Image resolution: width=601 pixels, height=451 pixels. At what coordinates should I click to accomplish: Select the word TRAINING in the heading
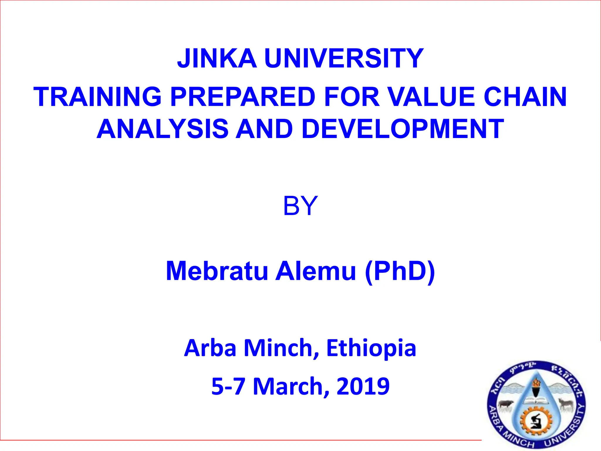(x=97, y=97)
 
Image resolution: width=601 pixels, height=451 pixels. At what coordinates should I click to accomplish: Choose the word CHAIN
(x=525, y=97)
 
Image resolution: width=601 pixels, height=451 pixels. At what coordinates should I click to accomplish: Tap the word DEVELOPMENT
(x=403, y=129)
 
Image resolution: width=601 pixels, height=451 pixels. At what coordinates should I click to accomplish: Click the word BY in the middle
(x=300, y=206)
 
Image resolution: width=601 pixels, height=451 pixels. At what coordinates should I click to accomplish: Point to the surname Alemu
(x=316, y=271)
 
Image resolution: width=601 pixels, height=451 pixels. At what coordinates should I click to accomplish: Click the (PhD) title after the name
(x=400, y=271)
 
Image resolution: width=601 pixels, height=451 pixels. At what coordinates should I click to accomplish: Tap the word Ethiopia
(x=371, y=348)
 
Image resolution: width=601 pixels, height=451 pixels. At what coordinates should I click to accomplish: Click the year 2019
(x=363, y=386)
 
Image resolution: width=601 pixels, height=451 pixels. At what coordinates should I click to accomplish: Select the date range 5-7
(x=228, y=386)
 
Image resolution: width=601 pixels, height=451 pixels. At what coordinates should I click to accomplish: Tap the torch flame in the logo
(x=537, y=383)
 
